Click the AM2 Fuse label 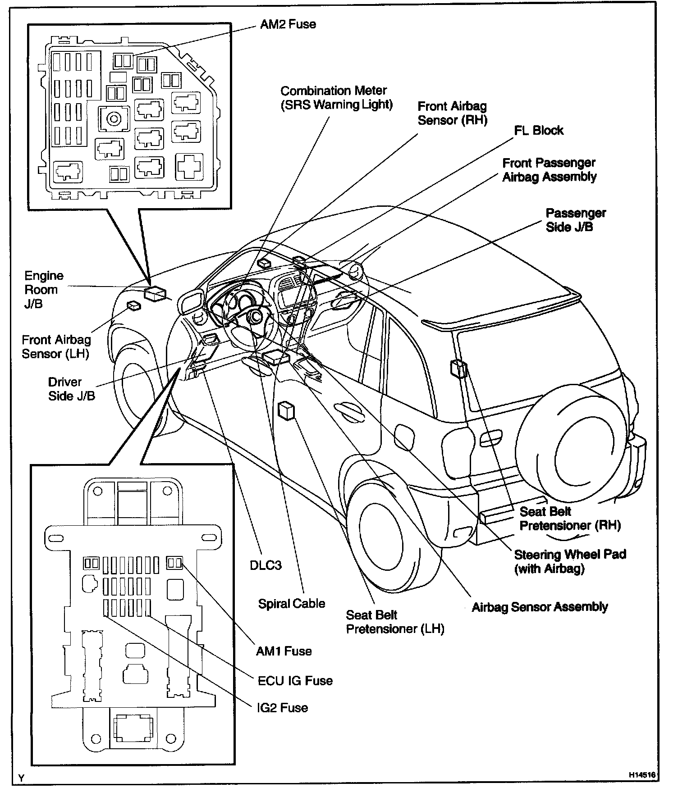(288, 24)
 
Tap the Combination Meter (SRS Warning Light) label (336, 97)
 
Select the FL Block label (538, 130)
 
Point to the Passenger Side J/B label (575, 220)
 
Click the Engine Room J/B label (43, 289)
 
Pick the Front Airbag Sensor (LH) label (56, 346)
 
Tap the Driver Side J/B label (71, 389)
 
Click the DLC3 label (266, 565)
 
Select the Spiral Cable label (291, 603)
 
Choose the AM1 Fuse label (284, 651)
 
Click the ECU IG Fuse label (295, 680)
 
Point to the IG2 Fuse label (282, 707)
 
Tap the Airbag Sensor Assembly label (539, 607)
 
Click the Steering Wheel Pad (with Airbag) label (570, 561)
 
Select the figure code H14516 (642, 775)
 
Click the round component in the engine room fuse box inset (114, 119)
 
